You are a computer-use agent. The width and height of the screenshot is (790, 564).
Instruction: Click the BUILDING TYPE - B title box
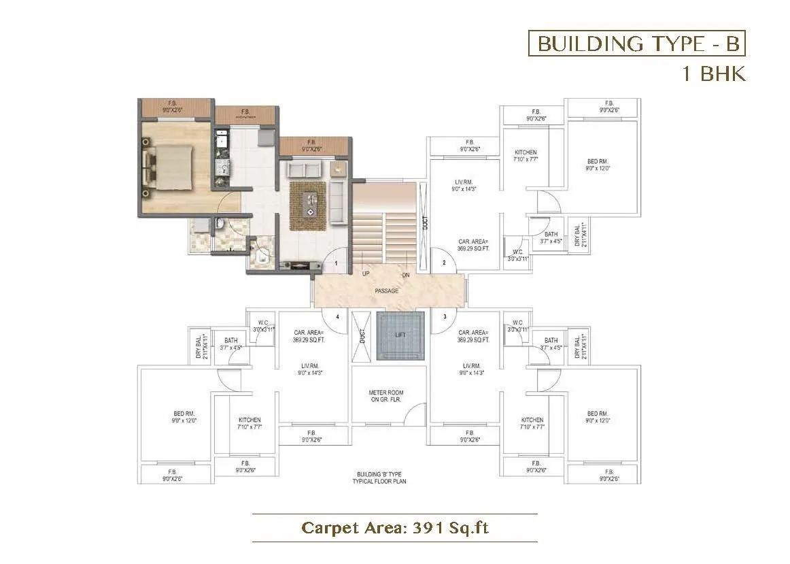point(637,44)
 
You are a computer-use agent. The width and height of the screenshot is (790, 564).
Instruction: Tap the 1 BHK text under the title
point(714,73)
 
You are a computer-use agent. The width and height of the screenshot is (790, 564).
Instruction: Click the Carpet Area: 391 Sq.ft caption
point(395,527)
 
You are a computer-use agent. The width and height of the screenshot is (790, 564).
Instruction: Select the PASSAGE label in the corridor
point(386,291)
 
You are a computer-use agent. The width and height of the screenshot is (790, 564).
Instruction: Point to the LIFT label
point(400,335)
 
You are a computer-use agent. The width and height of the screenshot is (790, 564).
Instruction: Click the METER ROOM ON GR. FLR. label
point(385,396)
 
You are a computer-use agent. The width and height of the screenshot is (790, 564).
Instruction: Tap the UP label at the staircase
point(366,274)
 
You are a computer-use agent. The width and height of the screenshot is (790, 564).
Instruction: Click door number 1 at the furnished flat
point(336,263)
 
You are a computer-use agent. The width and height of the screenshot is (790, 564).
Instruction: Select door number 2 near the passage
point(444,263)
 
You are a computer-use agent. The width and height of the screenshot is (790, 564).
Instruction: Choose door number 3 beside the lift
point(445,316)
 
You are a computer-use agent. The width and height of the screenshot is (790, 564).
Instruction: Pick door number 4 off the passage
point(337,316)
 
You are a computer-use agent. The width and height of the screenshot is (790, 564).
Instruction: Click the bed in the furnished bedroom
point(167,165)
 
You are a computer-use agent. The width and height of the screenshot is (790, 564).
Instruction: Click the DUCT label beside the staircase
point(424,225)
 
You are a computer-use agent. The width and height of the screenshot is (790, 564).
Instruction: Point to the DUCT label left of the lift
point(362,335)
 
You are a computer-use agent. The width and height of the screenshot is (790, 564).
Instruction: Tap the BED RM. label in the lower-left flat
point(184,417)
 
